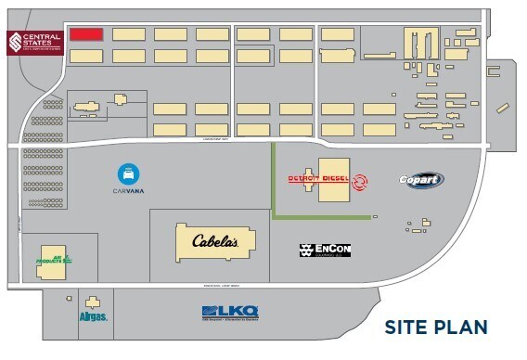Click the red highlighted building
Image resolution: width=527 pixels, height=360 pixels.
pyautogui.click(x=86, y=34)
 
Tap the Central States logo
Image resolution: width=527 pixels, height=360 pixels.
pyautogui.click(x=33, y=44)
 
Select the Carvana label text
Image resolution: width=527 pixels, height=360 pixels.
pyautogui.click(x=128, y=192)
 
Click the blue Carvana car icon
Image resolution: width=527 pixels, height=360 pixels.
pyautogui.click(x=128, y=174)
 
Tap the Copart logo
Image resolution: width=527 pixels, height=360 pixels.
pyautogui.click(x=421, y=180)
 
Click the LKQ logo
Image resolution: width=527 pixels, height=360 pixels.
pyautogui.click(x=229, y=312)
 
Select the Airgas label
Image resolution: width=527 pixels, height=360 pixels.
pyautogui.click(x=94, y=317)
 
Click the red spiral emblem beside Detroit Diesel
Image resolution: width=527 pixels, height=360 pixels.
pyautogui.click(x=358, y=183)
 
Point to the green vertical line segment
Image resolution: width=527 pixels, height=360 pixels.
pyautogui.click(x=273, y=180)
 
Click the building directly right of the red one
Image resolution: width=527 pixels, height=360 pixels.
pyautogui.click(x=128, y=34)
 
